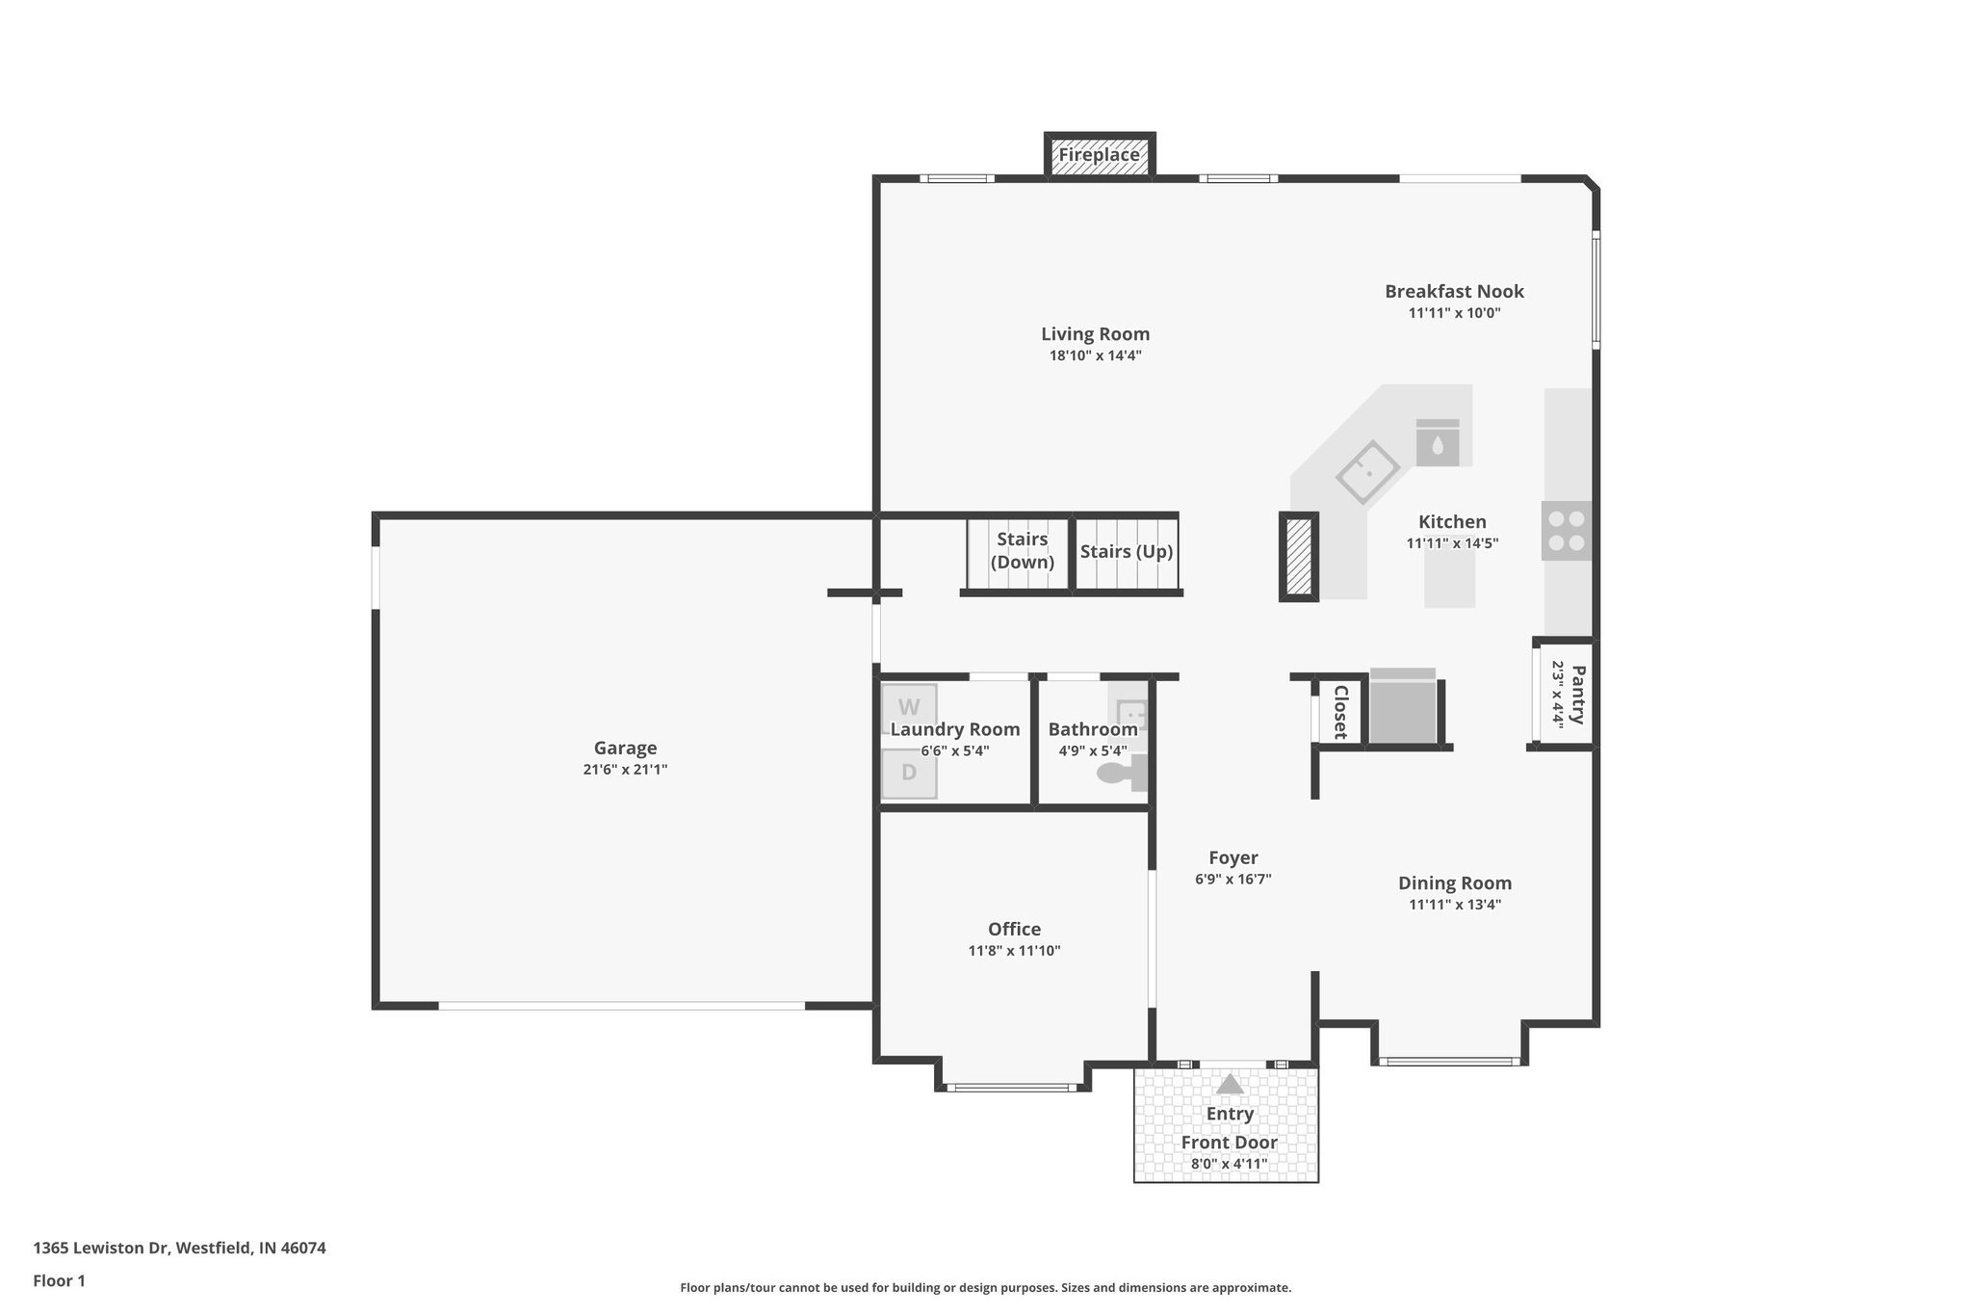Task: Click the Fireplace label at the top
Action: (1099, 155)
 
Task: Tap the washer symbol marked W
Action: (909, 708)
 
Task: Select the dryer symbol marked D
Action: (909, 773)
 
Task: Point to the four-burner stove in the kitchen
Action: (1566, 531)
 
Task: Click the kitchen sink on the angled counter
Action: (1367, 472)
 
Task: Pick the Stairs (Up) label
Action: (1126, 552)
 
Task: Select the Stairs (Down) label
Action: (1022, 551)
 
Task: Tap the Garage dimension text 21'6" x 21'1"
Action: (625, 770)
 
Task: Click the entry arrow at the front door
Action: (1230, 1085)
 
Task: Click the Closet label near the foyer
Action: (1339, 712)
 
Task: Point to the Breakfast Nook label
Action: (1454, 291)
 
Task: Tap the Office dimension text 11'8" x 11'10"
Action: (1014, 951)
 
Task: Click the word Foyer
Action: (1232, 857)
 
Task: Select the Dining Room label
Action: (1454, 883)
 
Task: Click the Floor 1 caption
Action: (59, 1281)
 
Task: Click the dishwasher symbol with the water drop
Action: (1437, 443)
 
